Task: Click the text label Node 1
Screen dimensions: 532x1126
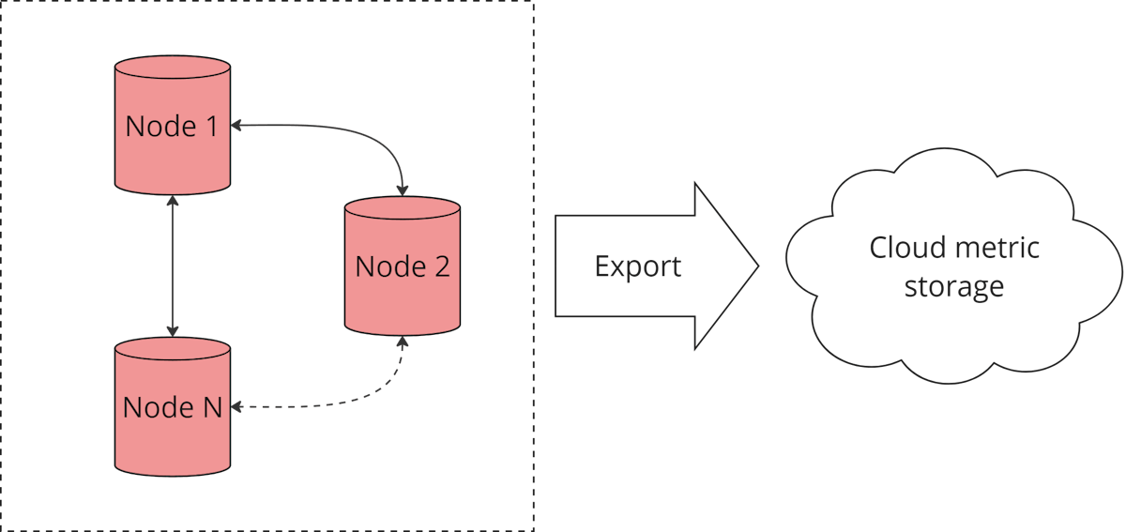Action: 172,126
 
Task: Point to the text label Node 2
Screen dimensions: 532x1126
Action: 403,266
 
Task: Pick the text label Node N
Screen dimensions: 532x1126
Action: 173,407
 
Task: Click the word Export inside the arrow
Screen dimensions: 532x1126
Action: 638,266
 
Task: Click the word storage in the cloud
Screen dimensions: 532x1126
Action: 953,285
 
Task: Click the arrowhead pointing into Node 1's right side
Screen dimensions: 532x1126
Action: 237,124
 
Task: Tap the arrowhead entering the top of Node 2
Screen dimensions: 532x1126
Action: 403,189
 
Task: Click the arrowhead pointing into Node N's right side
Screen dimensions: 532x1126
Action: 237,407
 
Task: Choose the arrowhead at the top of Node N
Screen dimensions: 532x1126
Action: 172,329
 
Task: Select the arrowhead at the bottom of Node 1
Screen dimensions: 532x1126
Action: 172,202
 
